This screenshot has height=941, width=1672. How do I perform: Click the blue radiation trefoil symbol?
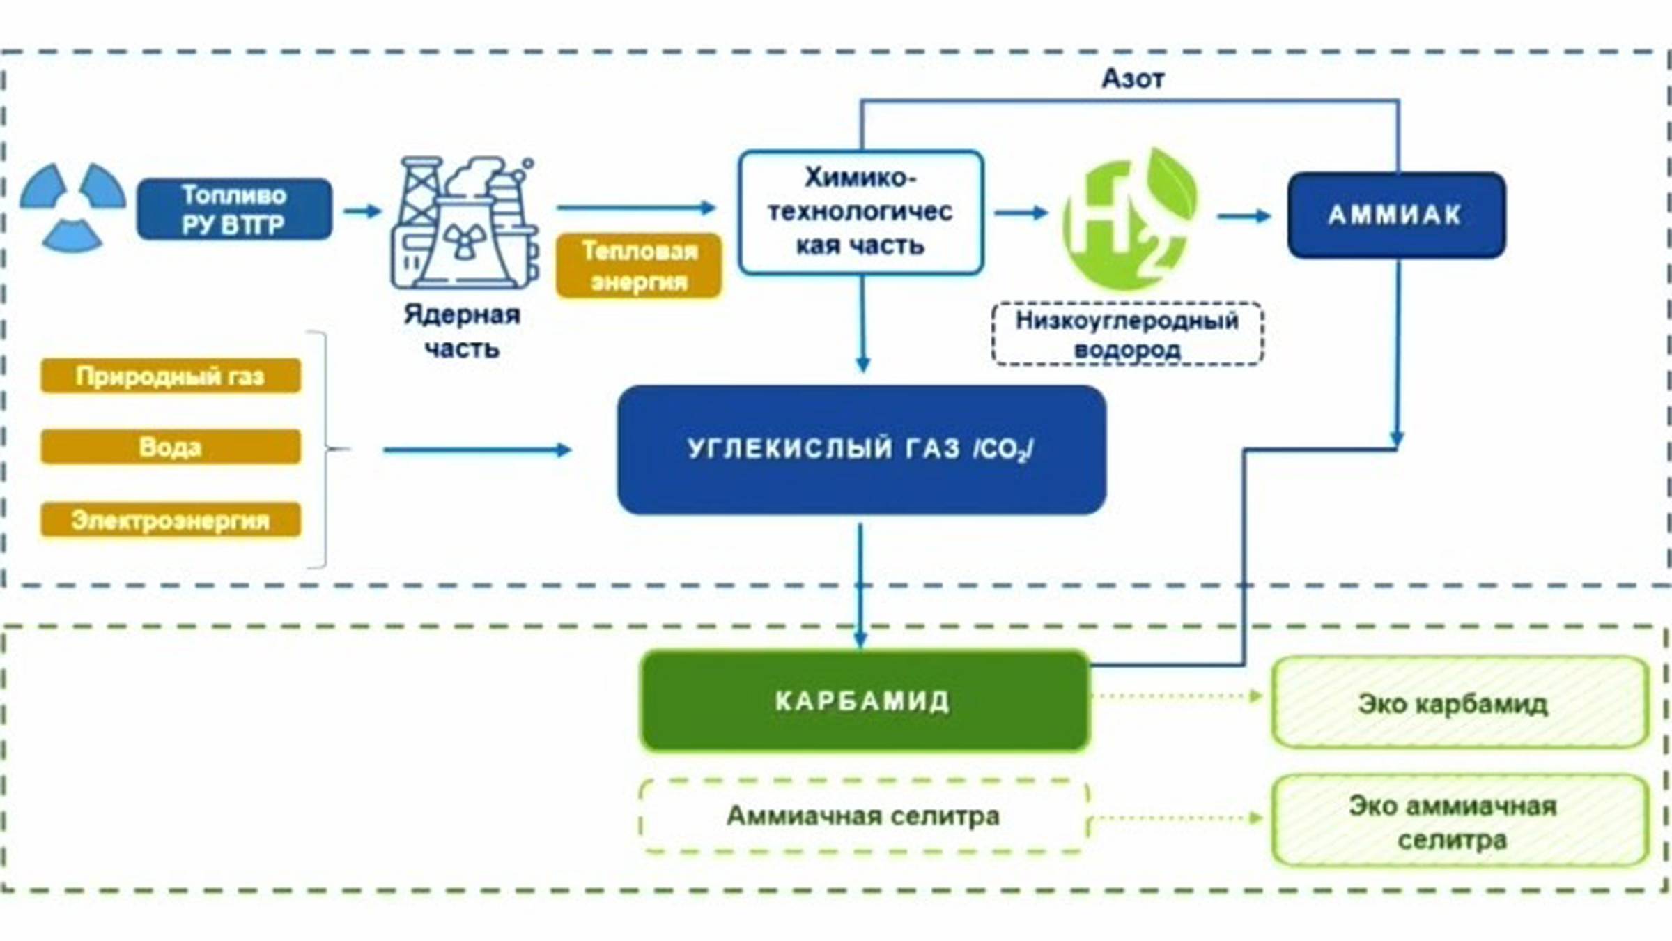pos(72,207)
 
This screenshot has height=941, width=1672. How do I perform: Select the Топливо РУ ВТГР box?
pos(234,210)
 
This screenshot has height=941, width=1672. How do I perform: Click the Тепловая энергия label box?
pos(639,266)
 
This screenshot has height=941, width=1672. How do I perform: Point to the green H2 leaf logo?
pos(1129,220)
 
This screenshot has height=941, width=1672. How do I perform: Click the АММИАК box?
pos(1395,215)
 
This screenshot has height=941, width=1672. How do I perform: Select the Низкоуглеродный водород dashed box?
pos(1127,334)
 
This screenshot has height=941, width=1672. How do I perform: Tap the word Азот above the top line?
pos(1133,79)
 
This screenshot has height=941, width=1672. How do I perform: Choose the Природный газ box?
pos(171,376)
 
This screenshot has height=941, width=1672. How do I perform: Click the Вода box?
pos(171,447)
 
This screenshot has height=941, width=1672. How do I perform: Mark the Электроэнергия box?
pos(171,520)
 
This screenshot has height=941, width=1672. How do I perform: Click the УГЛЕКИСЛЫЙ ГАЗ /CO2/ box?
pos(861,450)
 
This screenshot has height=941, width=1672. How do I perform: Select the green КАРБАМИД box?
pos(864,701)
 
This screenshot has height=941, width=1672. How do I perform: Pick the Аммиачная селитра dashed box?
pos(864,816)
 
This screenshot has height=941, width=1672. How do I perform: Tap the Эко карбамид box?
pos(1460,703)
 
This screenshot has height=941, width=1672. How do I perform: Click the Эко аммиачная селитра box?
pos(1460,821)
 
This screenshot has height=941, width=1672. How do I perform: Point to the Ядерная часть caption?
pos(462,331)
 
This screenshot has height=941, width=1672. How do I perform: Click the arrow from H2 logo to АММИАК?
pos(1244,216)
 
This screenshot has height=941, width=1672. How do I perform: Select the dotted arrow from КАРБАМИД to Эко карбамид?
pos(1177,696)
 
